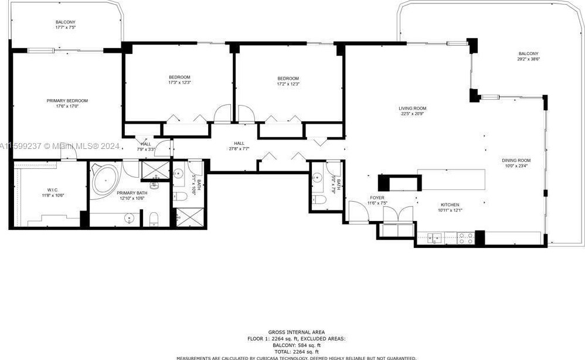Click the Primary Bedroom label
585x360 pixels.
click(67, 100)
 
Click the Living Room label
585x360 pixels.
click(412, 108)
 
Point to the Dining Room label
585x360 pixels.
click(516, 160)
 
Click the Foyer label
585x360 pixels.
click(377, 198)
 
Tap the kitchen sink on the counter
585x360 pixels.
click(435, 237)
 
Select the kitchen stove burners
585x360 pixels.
click(465, 237)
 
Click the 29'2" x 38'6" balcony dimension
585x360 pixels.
click(528, 59)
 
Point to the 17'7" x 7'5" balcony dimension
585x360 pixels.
click(66, 28)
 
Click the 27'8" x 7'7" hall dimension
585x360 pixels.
click(239, 149)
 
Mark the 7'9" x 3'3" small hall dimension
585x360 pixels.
click(145, 149)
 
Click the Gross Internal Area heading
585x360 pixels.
click(296, 332)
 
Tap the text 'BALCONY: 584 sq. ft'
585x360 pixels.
click(296, 345)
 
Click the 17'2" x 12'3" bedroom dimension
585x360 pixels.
click(288, 84)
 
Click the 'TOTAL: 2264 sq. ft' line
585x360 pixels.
click(296, 351)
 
